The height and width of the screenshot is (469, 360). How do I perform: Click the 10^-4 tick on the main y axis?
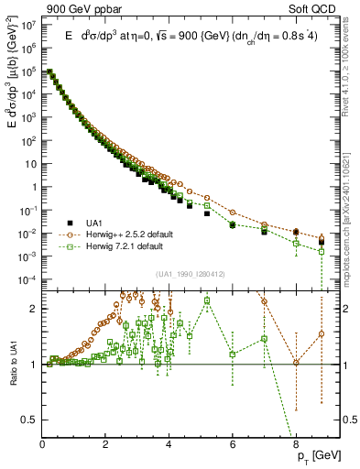(28, 279)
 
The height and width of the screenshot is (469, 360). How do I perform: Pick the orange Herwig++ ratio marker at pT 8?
(296, 363)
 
